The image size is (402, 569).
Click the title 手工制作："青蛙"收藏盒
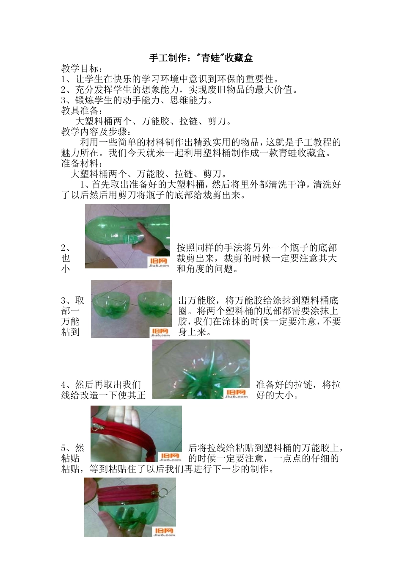[x=201, y=58]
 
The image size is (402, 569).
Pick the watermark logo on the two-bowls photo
[x=160, y=332]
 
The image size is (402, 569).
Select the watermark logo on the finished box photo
[x=165, y=532]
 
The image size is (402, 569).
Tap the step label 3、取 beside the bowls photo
[x=73, y=301]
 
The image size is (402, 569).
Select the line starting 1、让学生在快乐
[x=169, y=79]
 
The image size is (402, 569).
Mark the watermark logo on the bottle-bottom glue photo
[x=236, y=394]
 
